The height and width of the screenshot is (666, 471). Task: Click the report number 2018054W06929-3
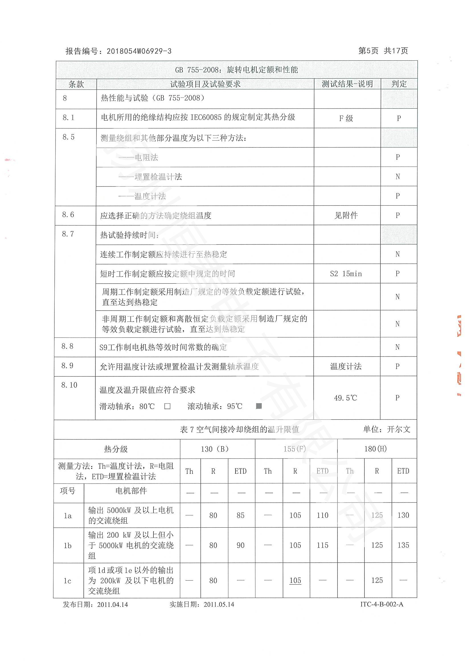(x=139, y=51)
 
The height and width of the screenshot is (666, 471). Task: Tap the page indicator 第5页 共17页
(x=383, y=51)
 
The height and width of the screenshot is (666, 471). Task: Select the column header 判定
(x=399, y=84)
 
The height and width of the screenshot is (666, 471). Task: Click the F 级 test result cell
(x=346, y=118)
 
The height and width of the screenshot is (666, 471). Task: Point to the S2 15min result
(x=346, y=274)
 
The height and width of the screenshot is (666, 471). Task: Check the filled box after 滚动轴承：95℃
(x=259, y=406)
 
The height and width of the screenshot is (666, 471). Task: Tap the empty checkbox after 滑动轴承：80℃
(x=167, y=406)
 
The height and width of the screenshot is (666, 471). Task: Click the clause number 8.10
(x=69, y=385)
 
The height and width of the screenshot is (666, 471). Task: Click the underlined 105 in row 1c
(x=295, y=580)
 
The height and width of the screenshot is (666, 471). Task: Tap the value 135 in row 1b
(x=403, y=545)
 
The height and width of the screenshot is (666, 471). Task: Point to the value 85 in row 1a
(x=240, y=515)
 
